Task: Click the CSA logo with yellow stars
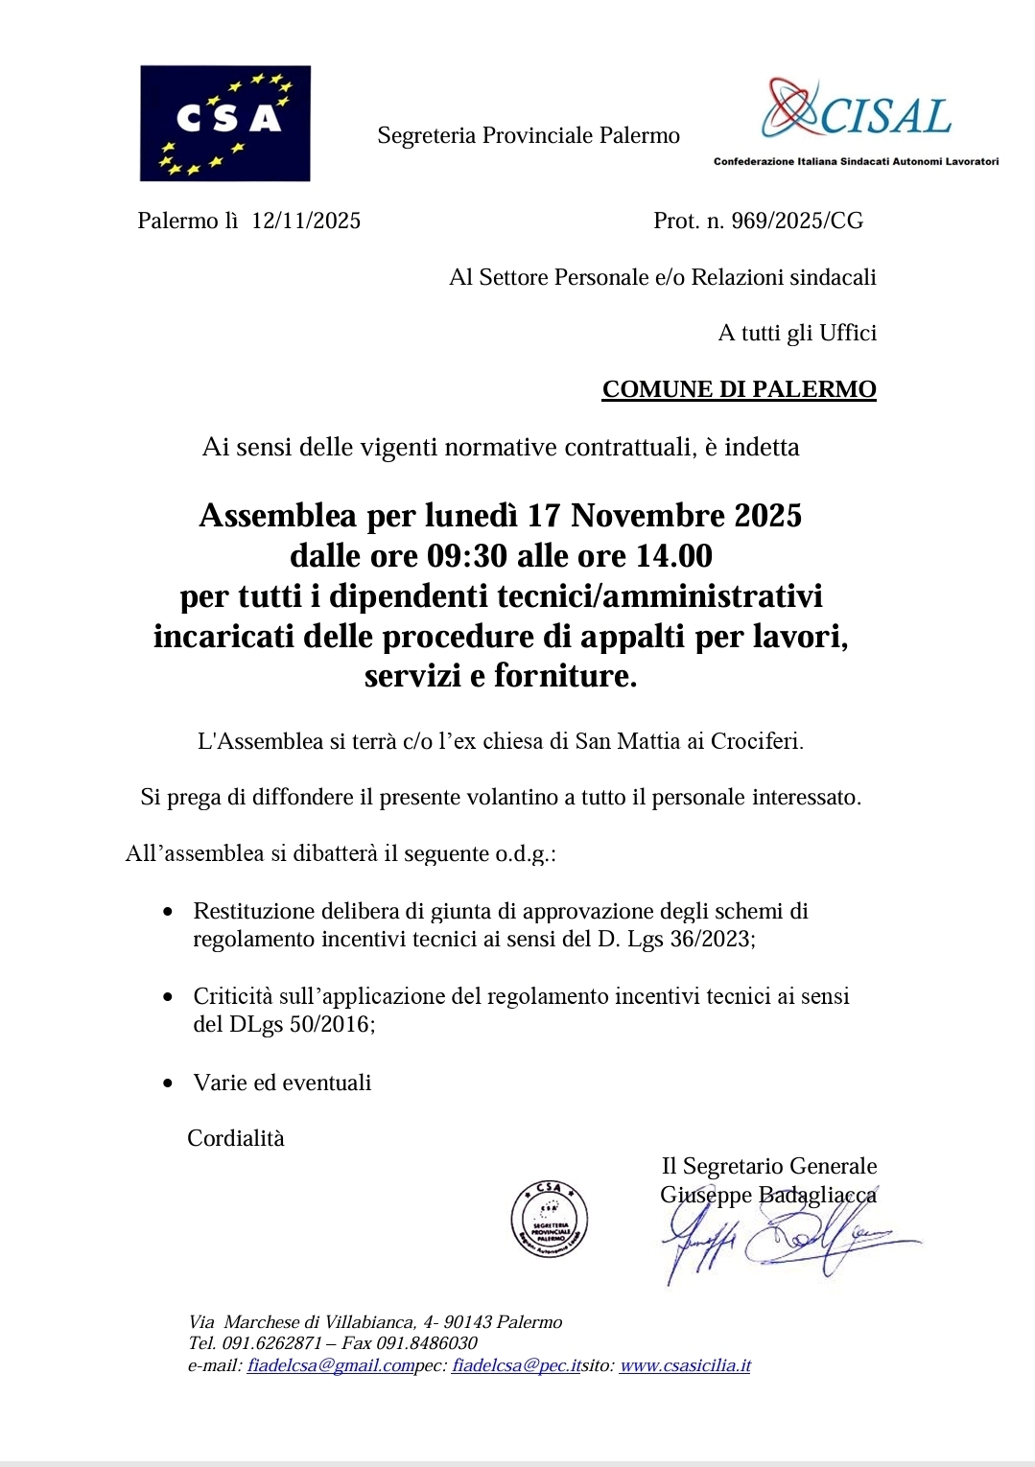pyautogui.click(x=224, y=123)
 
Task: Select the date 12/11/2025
pyautogui.click(x=306, y=221)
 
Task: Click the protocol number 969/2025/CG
pyautogui.click(x=797, y=221)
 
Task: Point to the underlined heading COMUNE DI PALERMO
pyautogui.click(x=739, y=389)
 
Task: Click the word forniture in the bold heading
pyautogui.click(x=564, y=676)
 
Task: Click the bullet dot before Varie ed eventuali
pyautogui.click(x=169, y=1083)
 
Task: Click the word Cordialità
pyautogui.click(x=236, y=1138)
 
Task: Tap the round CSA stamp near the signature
pyautogui.click(x=549, y=1219)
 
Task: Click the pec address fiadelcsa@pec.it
pyautogui.click(x=516, y=1365)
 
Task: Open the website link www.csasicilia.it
pyautogui.click(x=685, y=1365)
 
